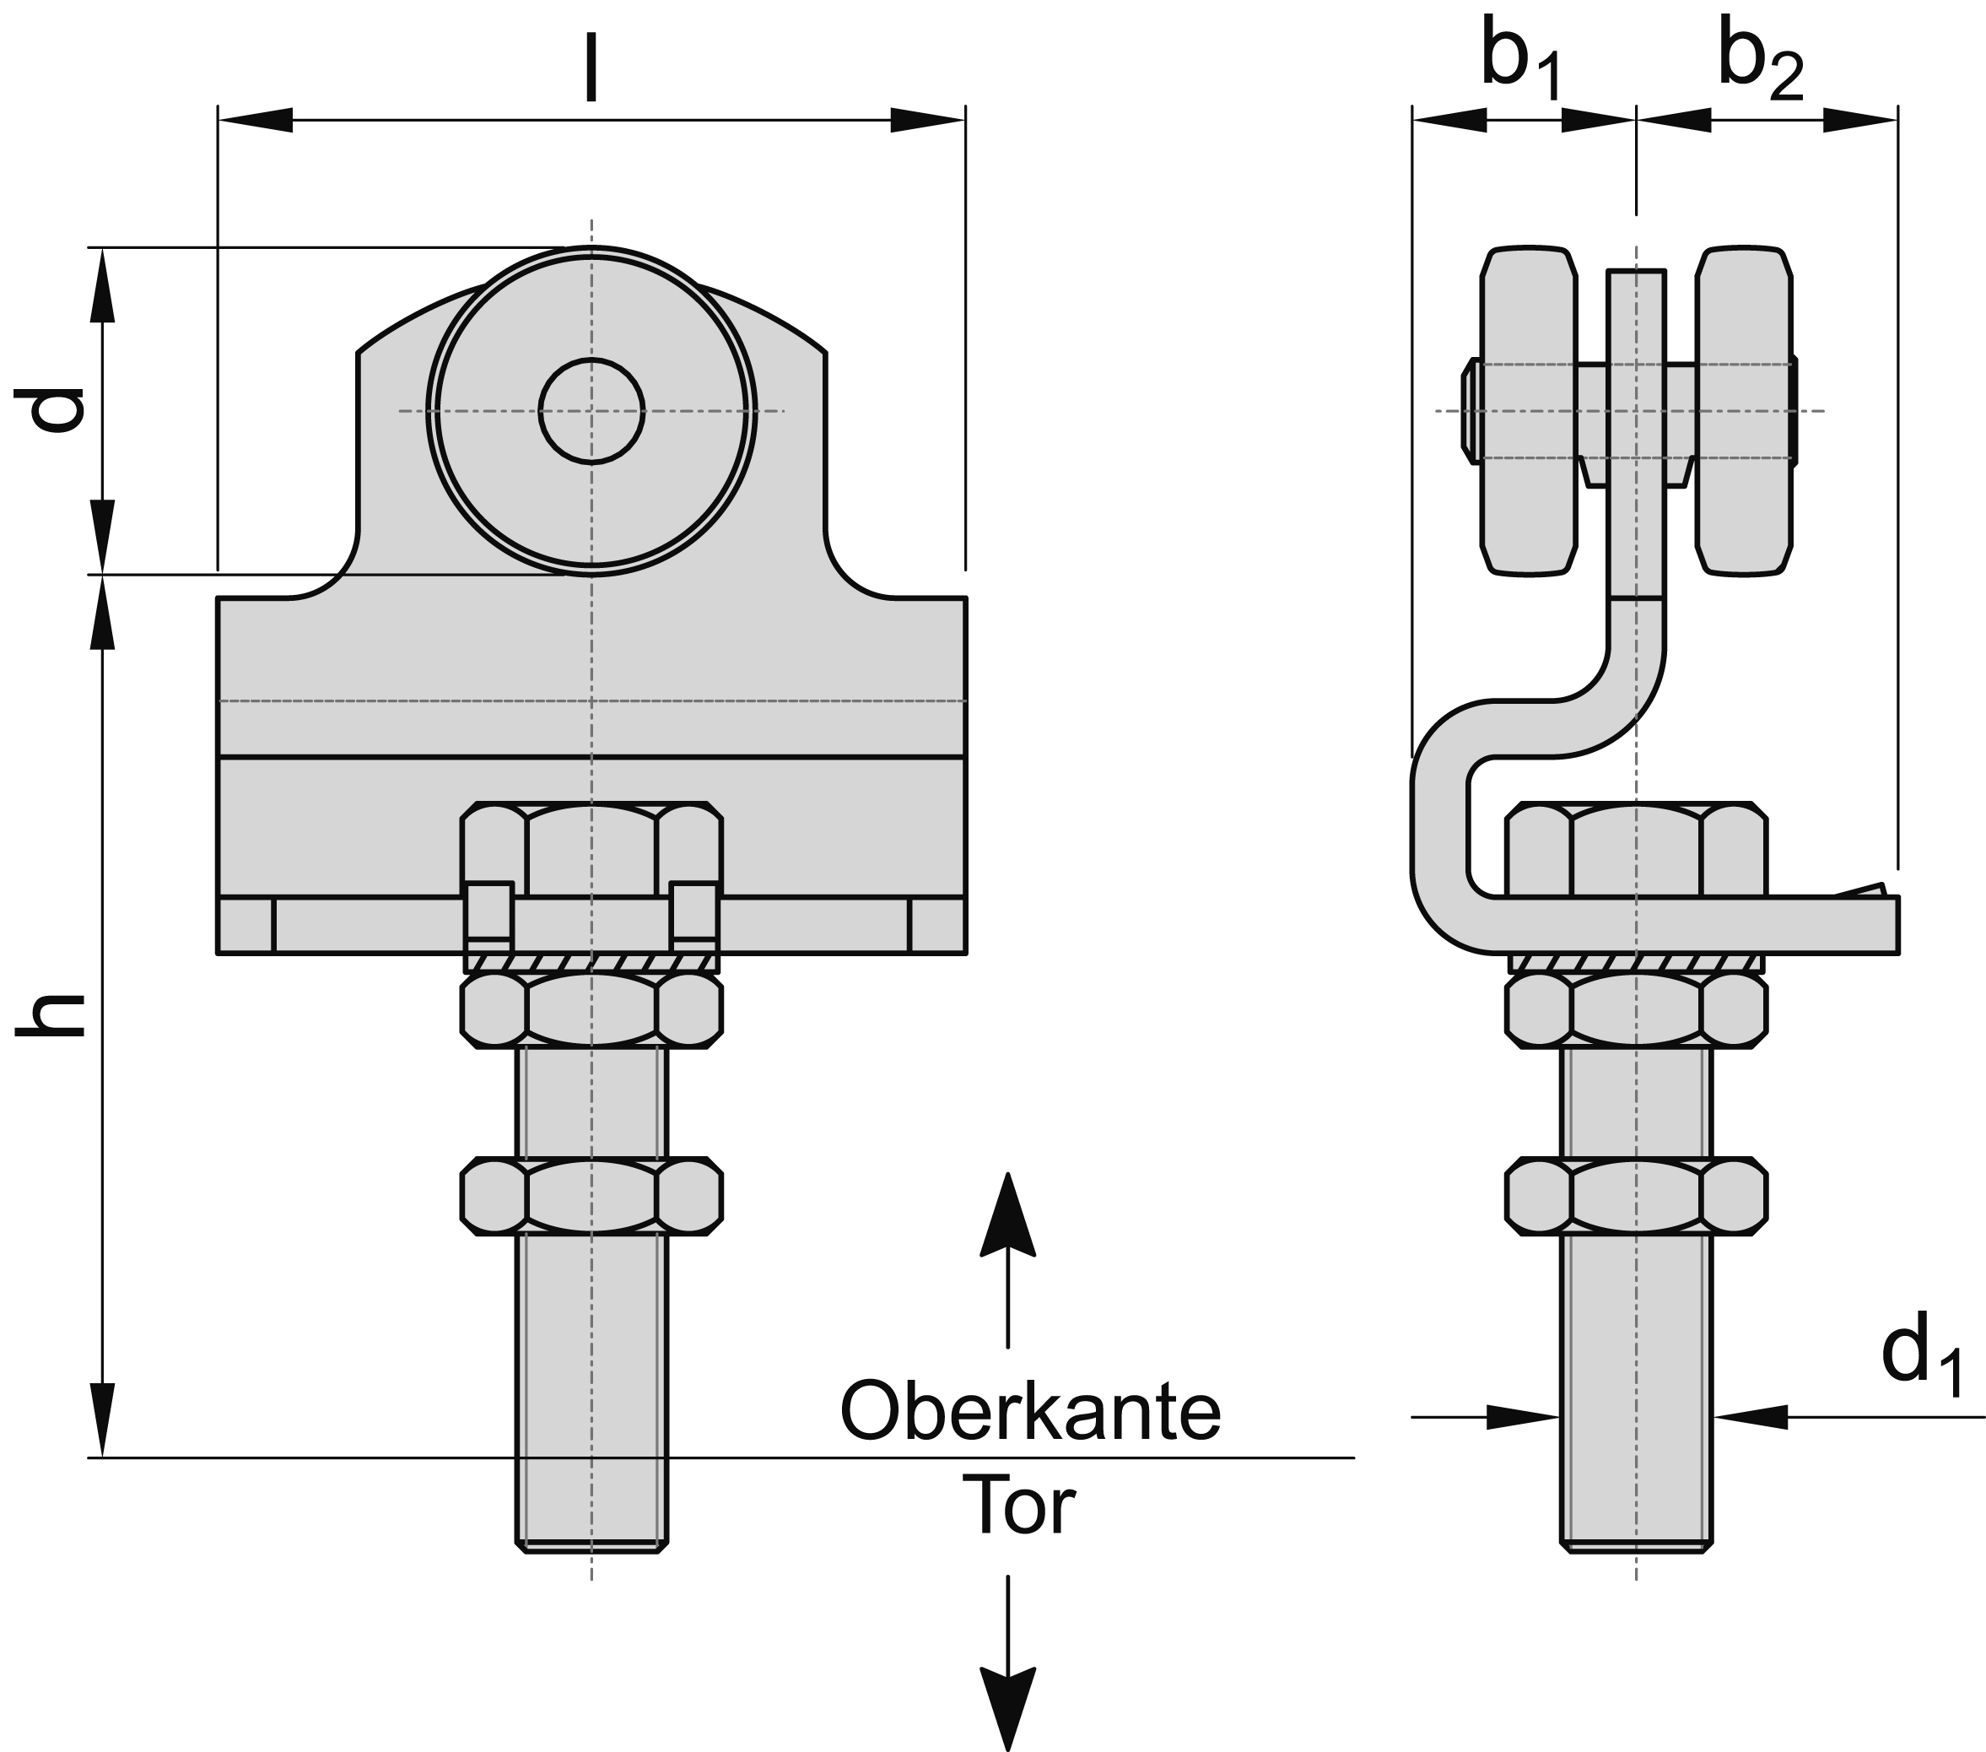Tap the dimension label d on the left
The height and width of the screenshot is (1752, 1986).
(x=57, y=409)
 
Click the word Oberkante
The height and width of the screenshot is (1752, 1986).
(x=1030, y=1412)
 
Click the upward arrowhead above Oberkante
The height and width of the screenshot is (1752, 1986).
(x=1006, y=1214)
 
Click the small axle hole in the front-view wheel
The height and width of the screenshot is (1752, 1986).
(x=591, y=411)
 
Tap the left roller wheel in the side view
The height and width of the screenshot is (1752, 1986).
(x=1527, y=411)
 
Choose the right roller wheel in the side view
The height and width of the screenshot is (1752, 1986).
(x=1744, y=411)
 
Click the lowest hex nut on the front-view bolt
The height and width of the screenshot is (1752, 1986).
(x=591, y=1195)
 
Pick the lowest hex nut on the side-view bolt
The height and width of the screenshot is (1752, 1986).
(x=1636, y=1195)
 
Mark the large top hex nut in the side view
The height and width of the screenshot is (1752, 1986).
(x=1636, y=848)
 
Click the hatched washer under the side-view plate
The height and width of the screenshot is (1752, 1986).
(x=1636, y=963)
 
